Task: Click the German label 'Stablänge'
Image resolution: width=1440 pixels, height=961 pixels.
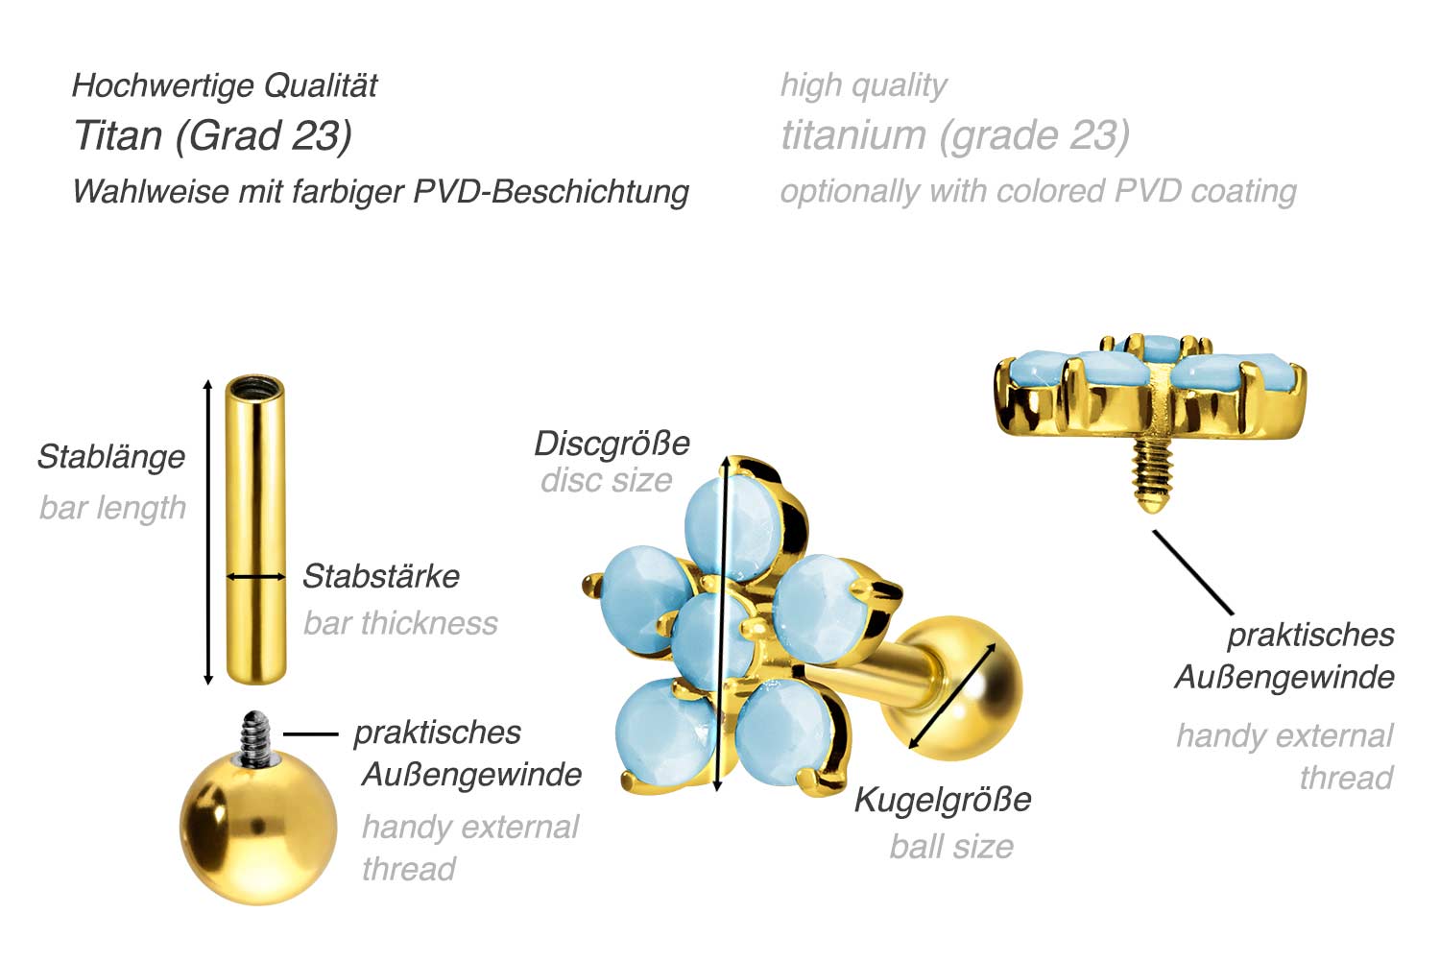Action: (111, 457)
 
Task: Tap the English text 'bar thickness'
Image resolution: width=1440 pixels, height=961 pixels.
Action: (400, 623)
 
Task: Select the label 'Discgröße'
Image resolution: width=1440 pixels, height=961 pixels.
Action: (612, 444)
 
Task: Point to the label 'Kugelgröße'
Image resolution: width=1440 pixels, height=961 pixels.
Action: (943, 801)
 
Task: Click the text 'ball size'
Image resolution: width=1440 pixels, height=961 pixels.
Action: (951, 847)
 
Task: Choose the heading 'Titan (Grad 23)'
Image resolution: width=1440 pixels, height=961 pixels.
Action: (213, 135)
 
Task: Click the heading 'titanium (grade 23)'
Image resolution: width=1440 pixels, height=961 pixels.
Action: (955, 135)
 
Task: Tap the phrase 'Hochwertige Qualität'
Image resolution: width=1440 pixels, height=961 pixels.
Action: (225, 85)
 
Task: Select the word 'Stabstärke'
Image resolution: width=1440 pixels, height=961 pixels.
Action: (381, 576)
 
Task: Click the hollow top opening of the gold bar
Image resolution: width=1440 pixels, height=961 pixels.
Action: (255, 389)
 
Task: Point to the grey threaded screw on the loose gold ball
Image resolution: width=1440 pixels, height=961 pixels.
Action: (256, 737)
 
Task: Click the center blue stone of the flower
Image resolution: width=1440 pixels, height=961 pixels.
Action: (712, 640)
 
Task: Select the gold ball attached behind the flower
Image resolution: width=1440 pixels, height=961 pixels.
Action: (950, 688)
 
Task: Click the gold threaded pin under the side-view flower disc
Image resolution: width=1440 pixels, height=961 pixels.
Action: (1152, 474)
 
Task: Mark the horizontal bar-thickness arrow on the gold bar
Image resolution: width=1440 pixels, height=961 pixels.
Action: (256, 577)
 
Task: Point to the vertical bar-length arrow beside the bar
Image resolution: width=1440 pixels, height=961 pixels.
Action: (207, 532)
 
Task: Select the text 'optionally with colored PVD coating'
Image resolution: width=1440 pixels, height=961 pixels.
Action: (1038, 192)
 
